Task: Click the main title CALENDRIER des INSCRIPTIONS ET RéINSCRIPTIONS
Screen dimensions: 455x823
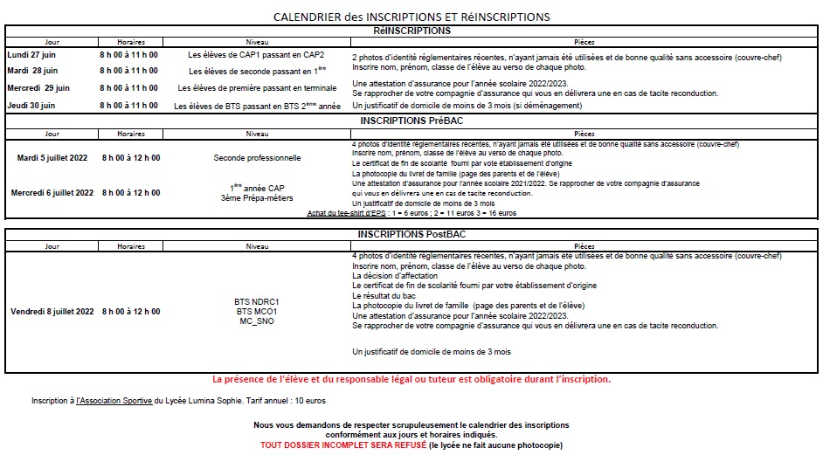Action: [411, 17]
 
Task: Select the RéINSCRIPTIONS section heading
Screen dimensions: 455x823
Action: [411, 31]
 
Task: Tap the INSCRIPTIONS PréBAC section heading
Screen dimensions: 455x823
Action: [411, 120]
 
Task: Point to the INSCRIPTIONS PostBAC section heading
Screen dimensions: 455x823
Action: [411, 235]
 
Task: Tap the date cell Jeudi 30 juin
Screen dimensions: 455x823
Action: [31, 106]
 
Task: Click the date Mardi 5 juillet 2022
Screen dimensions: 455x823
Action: [52, 158]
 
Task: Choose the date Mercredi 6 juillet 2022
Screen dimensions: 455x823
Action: [52, 192]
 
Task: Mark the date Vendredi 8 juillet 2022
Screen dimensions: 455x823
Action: [52, 311]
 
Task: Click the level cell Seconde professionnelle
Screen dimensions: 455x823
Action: [257, 158]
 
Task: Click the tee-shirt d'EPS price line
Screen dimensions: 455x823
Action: [411, 213]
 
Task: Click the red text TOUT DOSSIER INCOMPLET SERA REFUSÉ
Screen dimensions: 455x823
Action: [342, 445]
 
